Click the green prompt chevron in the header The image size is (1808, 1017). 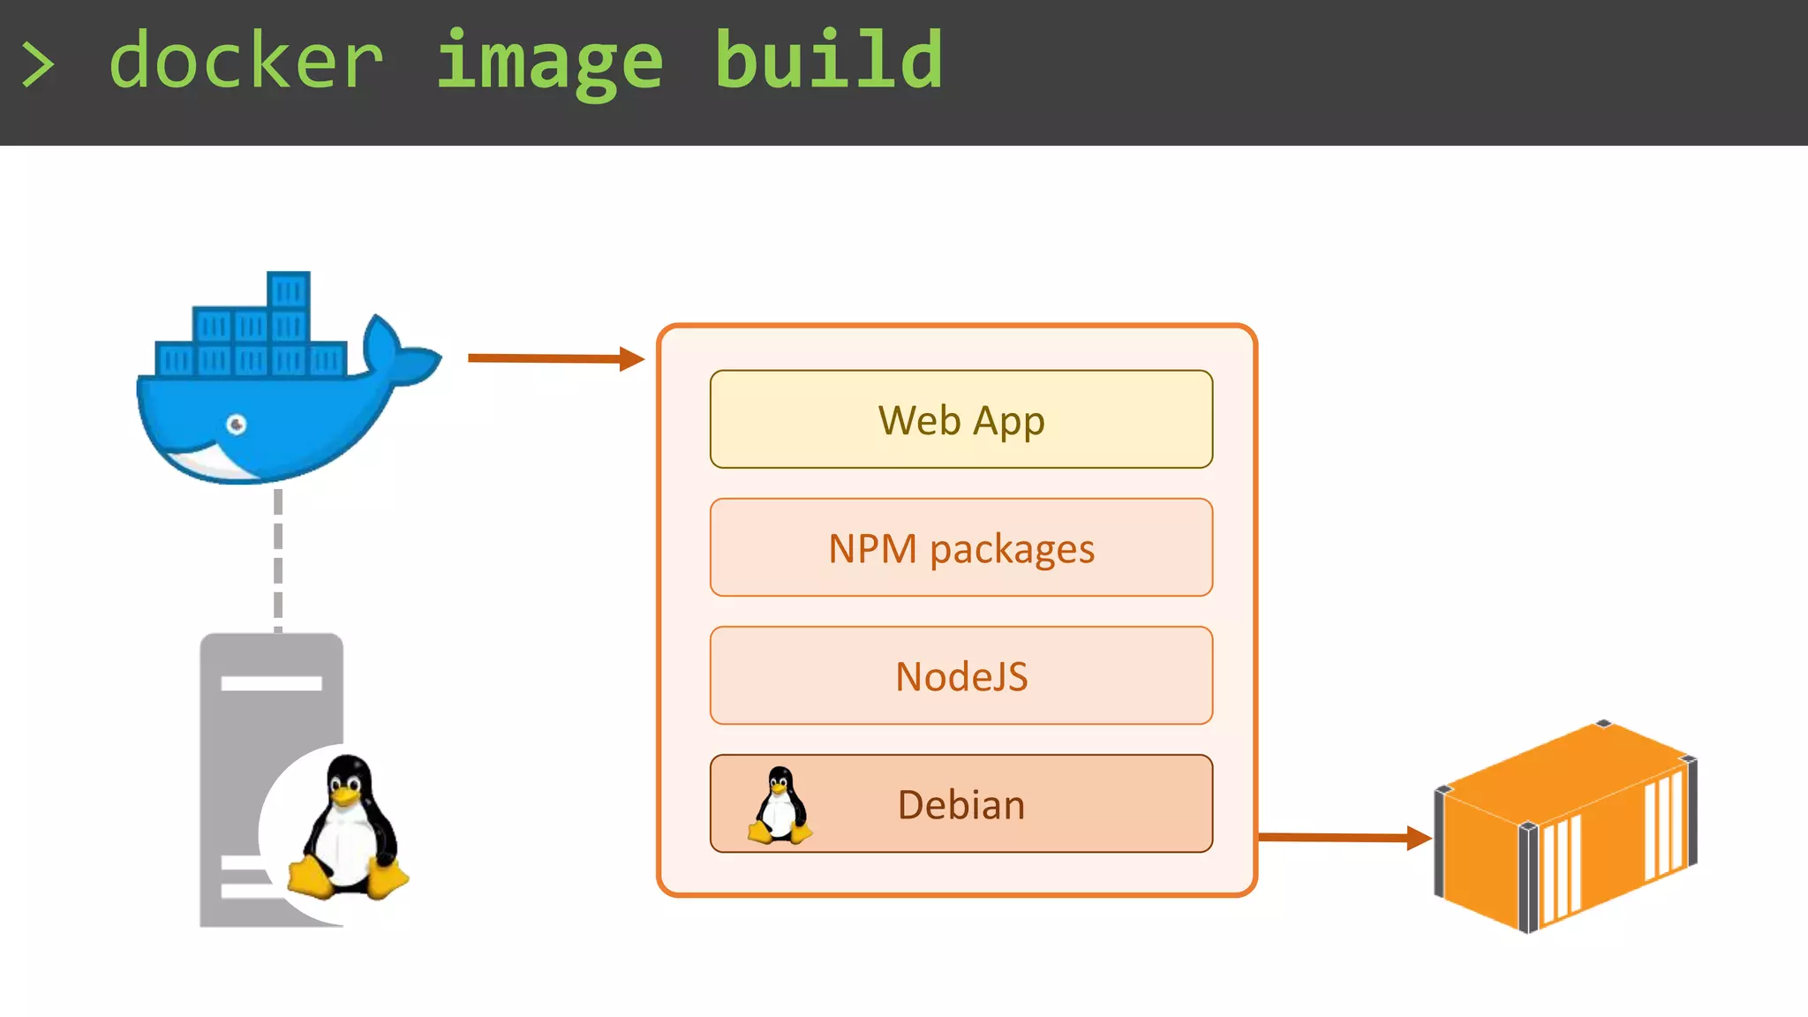tap(37, 64)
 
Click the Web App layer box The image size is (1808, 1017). tap(960, 419)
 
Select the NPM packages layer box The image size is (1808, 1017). tap(960, 547)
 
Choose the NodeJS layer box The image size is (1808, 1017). tap(960, 675)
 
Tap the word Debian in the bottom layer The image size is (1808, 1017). tap(960, 804)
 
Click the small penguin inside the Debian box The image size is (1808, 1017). tap(779, 805)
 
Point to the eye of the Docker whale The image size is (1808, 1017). tap(236, 425)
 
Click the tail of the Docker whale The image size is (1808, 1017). tap(397, 353)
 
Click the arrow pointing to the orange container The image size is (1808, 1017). tap(1342, 837)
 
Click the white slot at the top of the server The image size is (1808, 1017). tap(271, 682)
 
